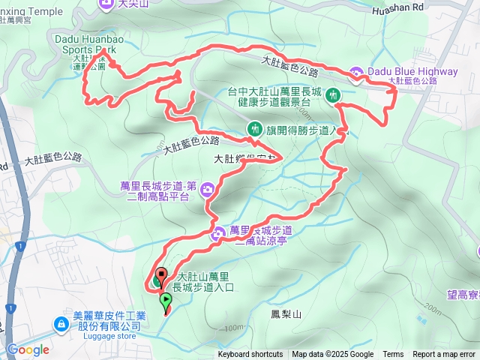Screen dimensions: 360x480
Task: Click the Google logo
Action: (28, 349)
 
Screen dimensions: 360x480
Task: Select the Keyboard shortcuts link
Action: (250, 355)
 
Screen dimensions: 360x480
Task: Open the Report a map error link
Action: (445, 355)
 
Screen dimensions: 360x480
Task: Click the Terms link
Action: (393, 355)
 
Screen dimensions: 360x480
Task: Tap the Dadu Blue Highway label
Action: (412, 71)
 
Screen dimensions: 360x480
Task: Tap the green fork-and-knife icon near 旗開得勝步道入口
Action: (254, 129)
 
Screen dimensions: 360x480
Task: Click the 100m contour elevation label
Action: (233, 328)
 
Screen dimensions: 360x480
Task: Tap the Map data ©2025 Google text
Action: (332, 355)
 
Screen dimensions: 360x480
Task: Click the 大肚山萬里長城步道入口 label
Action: (204, 281)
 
